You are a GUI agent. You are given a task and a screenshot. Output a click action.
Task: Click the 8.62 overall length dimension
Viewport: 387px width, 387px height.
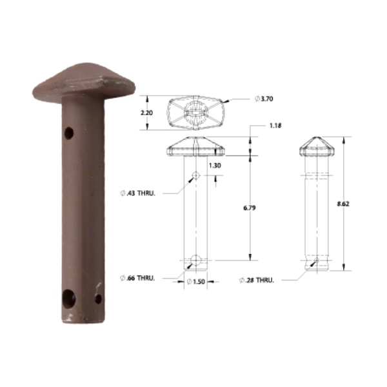(343, 204)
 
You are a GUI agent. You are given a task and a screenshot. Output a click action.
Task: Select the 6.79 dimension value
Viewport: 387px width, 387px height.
(250, 208)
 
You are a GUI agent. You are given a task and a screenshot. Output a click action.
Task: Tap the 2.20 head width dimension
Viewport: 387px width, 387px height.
(146, 113)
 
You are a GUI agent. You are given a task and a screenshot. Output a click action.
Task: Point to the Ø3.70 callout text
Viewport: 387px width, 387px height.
(264, 99)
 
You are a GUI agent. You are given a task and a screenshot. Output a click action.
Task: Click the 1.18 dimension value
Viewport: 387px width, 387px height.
(275, 126)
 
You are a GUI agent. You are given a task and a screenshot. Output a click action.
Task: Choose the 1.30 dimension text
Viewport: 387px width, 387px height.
(215, 165)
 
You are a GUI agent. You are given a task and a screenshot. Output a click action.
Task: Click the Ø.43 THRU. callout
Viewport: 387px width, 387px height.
(138, 193)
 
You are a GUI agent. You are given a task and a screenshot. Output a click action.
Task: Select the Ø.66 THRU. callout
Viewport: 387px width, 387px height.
(137, 278)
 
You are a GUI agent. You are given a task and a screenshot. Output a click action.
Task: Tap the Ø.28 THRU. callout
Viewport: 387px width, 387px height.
(257, 281)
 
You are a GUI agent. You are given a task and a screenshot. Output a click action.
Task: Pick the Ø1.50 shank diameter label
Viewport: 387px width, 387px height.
(196, 282)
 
